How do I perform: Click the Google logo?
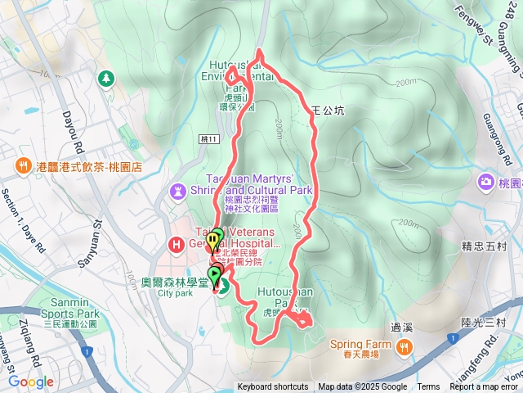pos(31,382)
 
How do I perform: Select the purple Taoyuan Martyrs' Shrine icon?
pos(177,190)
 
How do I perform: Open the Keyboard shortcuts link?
pos(273,387)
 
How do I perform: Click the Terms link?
pos(428,387)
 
